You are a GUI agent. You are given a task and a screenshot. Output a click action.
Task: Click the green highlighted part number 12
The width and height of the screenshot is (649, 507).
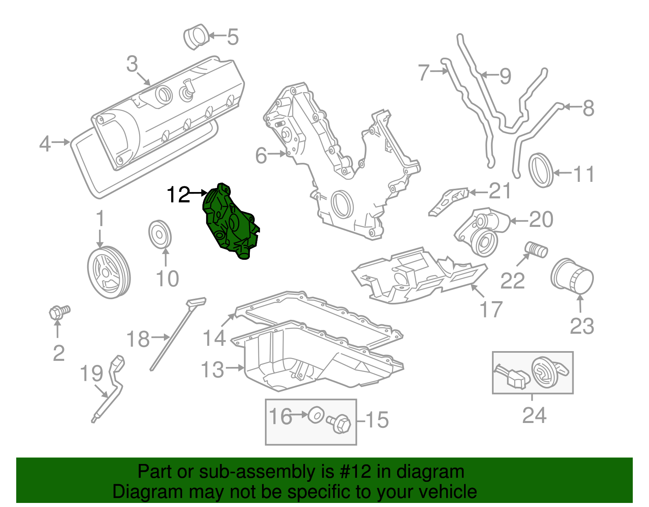(x=229, y=223)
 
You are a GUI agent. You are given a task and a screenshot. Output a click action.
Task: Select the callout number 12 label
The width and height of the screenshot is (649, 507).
(x=178, y=195)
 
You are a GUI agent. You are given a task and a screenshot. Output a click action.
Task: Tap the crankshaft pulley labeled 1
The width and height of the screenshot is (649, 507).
(x=109, y=272)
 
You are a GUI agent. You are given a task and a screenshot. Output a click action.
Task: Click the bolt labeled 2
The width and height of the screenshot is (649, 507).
(x=58, y=312)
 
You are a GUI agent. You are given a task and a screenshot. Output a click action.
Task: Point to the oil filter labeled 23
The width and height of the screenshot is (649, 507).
(x=572, y=276)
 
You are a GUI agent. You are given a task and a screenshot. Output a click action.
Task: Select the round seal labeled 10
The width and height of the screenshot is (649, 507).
(x=160, y=234)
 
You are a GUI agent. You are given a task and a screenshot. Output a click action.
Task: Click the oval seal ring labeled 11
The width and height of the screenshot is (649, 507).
(x=541, y=170)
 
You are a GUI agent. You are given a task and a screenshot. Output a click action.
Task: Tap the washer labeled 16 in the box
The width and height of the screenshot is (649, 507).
(x=316, y=415)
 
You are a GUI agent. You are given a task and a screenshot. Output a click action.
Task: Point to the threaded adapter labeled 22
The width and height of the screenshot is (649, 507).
(x=536, y=249)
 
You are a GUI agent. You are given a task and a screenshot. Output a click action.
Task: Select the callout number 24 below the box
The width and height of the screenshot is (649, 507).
(x=534, y=415)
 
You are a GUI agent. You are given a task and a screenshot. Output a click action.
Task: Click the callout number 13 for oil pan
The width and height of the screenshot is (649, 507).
(x=213, y=369)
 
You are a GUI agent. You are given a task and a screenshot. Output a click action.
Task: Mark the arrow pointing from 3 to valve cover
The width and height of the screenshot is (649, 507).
(x=144, y=78)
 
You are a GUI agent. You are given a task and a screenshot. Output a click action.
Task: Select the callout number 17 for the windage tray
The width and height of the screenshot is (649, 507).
(x=491, y=309)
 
